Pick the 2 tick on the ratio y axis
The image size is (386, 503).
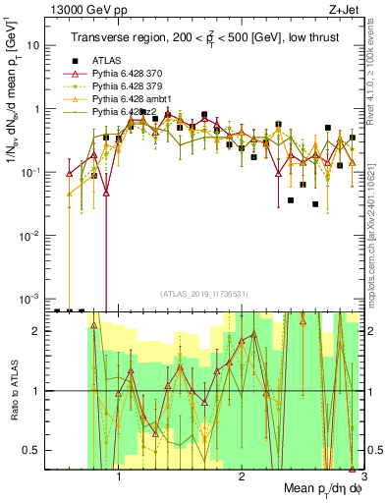click(36, 331)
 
